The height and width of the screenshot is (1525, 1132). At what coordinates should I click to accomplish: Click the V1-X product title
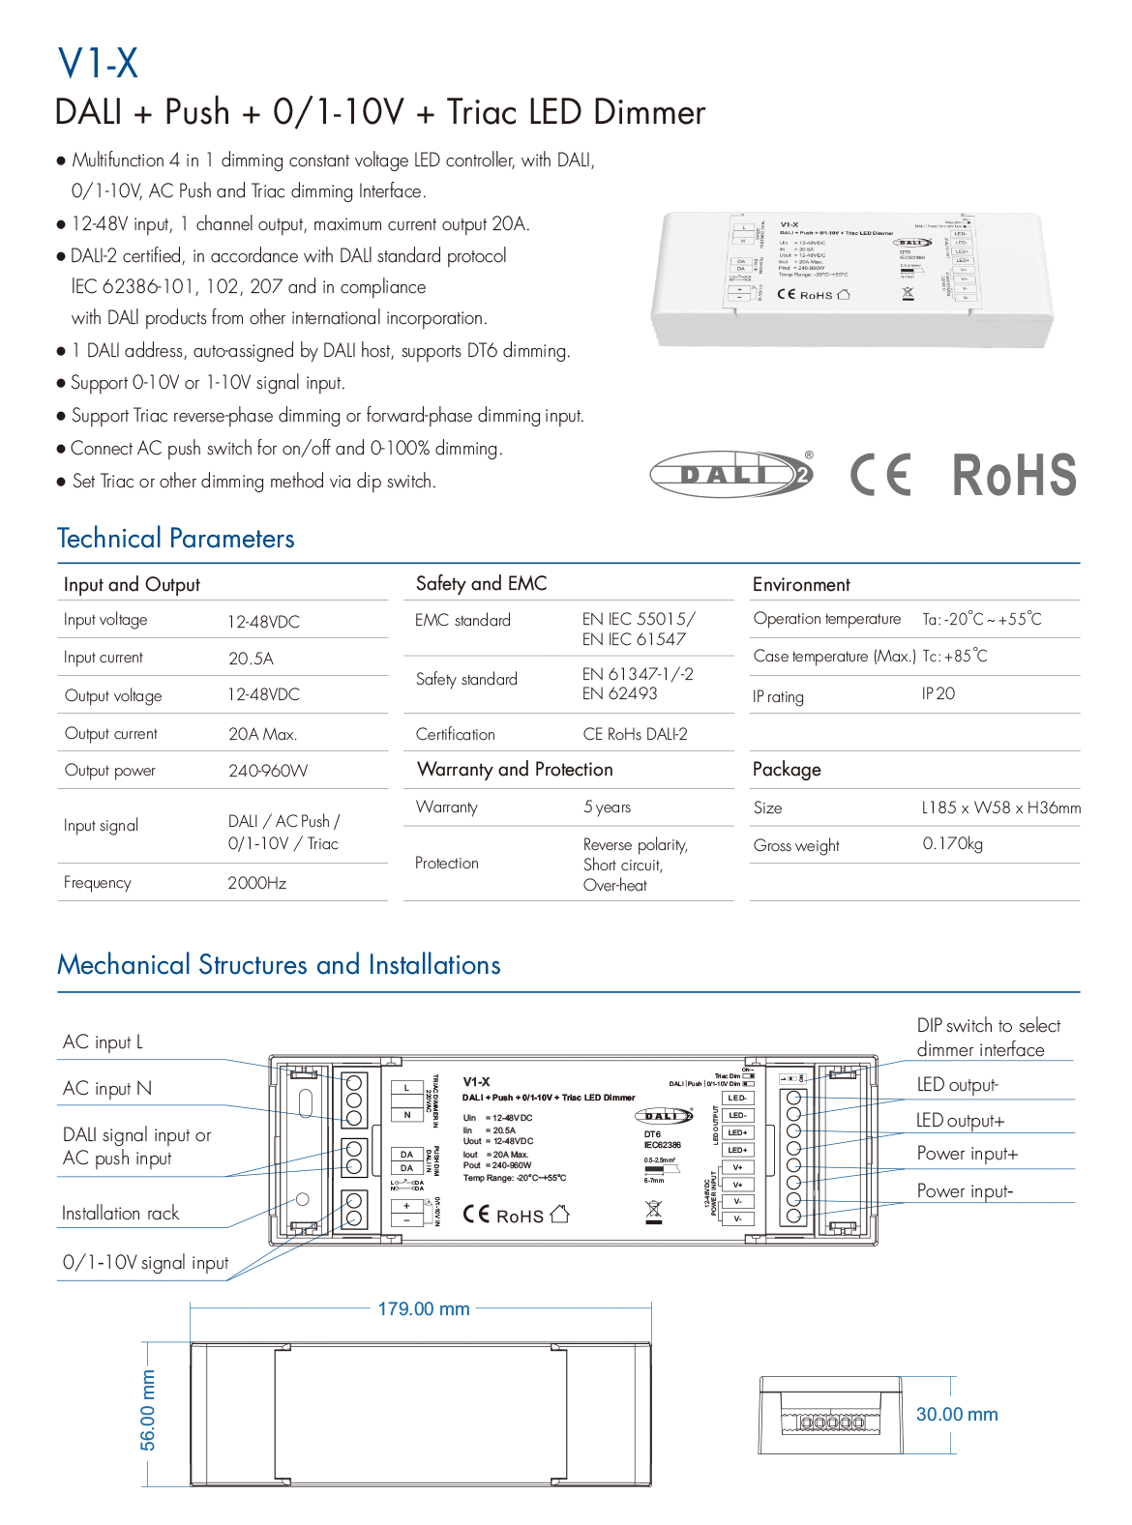tap(98, 64)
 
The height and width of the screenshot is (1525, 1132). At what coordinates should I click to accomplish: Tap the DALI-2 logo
tap(731, 474)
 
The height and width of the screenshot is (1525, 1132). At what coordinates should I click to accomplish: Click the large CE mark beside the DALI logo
tap(880, 475)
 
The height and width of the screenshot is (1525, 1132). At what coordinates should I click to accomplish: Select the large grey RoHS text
tap(1014, 475)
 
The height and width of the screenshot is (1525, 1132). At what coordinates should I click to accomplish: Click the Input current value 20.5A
tap(251, 659)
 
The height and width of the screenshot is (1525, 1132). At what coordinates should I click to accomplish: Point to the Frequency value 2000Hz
tap(257, 883)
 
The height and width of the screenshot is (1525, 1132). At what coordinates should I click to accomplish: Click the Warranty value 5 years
tap(607, 807)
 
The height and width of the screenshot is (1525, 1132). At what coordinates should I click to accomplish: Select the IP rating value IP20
tap(938, 694)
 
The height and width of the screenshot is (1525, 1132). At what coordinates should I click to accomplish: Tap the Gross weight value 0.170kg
tap(952, 844)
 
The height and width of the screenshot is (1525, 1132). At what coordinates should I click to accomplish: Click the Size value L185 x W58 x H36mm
tap(1000, 807)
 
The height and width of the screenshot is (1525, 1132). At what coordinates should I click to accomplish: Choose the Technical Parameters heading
tap(176, 539)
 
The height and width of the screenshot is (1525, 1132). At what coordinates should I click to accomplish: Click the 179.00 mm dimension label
tap(424, 1309)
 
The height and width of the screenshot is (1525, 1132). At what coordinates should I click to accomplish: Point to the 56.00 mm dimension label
tap(148, 1410)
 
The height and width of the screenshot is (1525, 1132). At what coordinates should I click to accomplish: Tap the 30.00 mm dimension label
tap(957, 1415)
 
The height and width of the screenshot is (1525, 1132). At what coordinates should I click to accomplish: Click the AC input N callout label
tap(107, 1089)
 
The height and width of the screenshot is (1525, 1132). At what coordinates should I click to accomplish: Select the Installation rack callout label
tap(121, 1214)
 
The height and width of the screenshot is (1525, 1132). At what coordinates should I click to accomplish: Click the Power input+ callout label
tap(968, 1154)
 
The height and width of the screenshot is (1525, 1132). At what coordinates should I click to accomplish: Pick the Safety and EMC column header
tap(481, 584)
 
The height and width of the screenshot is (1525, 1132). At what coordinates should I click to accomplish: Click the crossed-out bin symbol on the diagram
tap(654, 1211)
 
